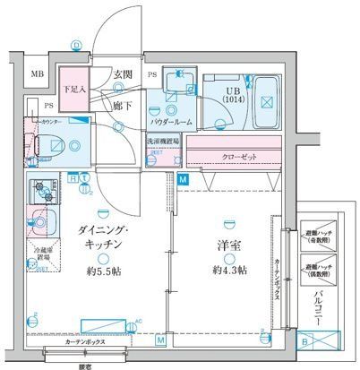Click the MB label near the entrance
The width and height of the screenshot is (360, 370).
click(x=39, y=74)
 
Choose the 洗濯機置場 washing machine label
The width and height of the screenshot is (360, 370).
click(x=163, y=142)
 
